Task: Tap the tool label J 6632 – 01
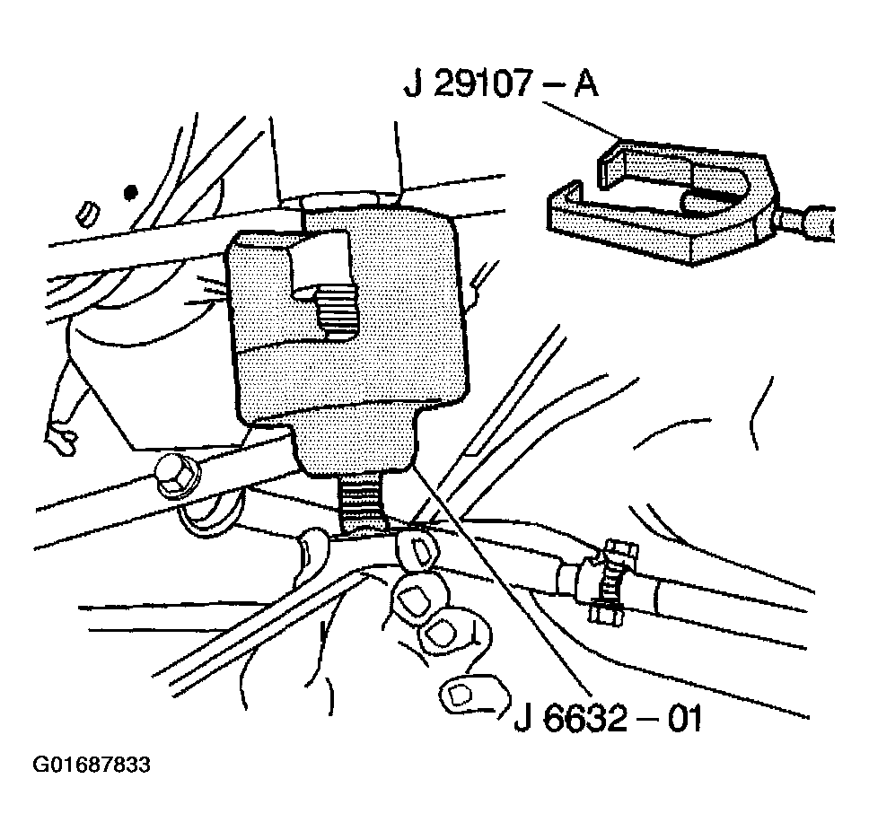coord(609,719)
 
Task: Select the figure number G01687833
coord(92,765)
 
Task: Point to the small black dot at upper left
coord(130,193)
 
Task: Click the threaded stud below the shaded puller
coord(362,502)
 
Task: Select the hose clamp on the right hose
coord(609,580)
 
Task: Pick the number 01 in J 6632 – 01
coord(684,719)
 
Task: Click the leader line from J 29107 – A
coord(582,120)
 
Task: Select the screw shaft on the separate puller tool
coord(805,222)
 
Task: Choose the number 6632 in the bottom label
coord(586,719)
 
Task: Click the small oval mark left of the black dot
coord(88,214)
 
